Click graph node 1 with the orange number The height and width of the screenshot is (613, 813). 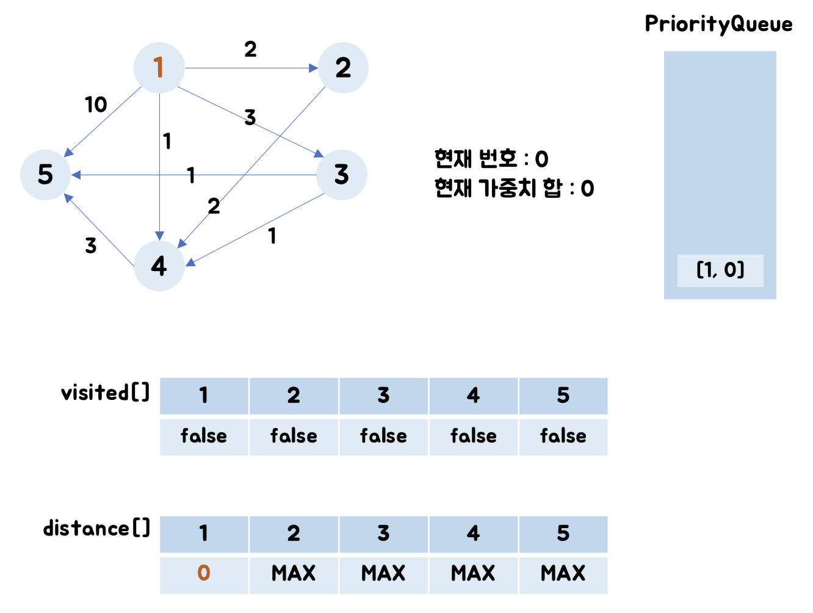pos(159,68)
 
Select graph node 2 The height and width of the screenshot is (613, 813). pos(343,68)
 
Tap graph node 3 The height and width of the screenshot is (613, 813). pos(342,175)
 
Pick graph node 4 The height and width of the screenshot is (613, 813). pos(159,266)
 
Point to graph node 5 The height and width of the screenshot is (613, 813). pos(46,175)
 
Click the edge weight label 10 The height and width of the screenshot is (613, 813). pos(96,105)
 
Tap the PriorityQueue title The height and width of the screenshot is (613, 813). pos(718,24)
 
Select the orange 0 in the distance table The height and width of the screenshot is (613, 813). pos(204,573)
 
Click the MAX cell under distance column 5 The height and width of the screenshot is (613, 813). pos(563,573)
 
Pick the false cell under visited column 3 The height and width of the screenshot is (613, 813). pos(383,436)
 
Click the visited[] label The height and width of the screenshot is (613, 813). pos(105,393)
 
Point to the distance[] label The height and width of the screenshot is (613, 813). pos(96,528)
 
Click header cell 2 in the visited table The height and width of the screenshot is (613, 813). pos(294,396)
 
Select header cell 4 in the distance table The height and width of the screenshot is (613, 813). pos(473,534)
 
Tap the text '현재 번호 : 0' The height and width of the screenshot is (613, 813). pos(491,159)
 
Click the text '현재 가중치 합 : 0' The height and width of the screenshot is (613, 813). pos(514,189)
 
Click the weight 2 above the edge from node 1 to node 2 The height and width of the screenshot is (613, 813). pos(250,49)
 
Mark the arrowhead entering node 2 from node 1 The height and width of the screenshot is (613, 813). pos(314,68)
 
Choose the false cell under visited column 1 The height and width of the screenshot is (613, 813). pos(204,436)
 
